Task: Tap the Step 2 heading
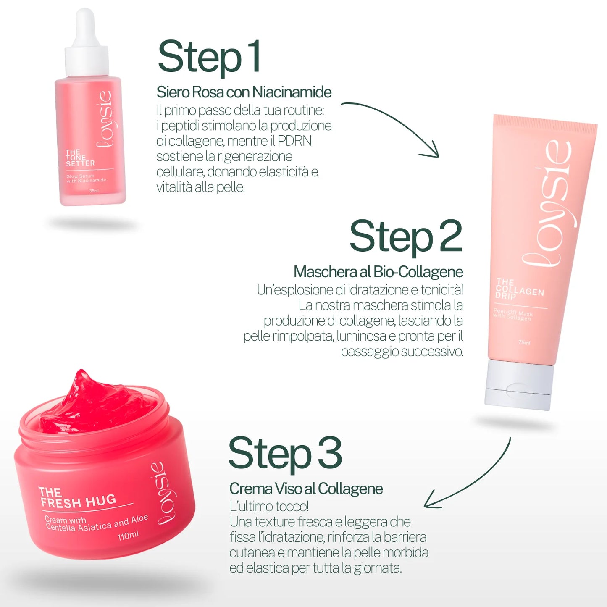coord(405,236)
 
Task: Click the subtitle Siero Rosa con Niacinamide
coord(244,92)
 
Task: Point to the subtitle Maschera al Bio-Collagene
coord(378,272)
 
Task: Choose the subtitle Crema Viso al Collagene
coord(306,489)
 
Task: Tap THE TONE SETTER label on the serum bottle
coord(79,158)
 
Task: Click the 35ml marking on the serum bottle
coord(94,191)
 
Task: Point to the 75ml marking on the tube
coord(524,342)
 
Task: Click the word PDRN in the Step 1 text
coord(294,141)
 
